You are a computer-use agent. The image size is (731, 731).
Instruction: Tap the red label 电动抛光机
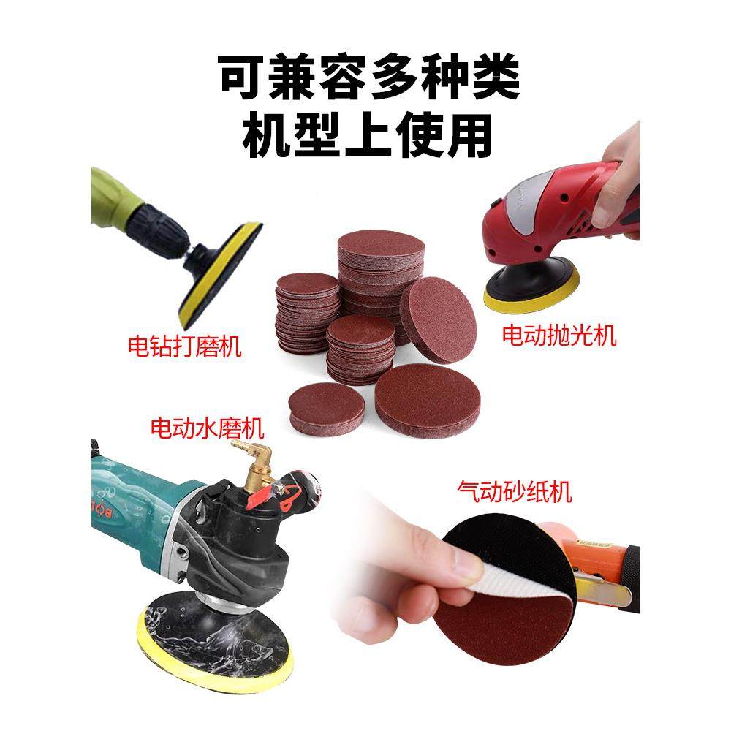pos(559,336)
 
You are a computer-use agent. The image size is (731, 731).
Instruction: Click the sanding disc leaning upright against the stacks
pos(438,319)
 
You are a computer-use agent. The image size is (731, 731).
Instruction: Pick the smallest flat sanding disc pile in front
pos(326,407)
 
